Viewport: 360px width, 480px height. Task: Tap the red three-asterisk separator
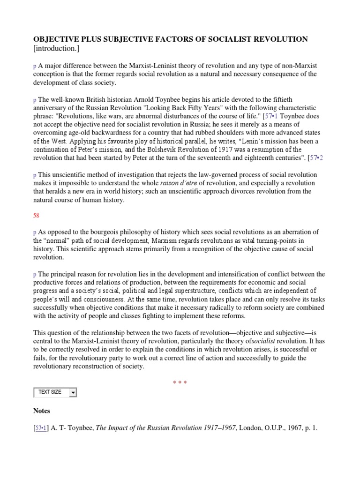(180, 383)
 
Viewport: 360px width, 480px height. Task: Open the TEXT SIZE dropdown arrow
(73, 392)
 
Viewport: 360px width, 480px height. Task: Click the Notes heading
(42, 411)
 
